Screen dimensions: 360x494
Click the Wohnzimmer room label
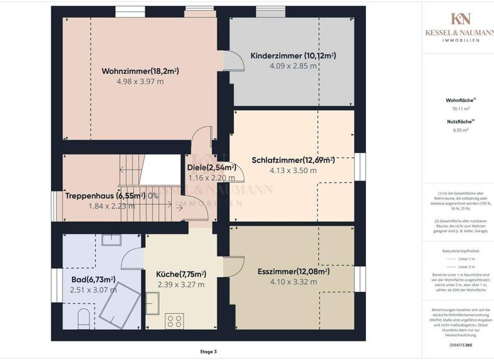pyautogui.click(x=140, y=71)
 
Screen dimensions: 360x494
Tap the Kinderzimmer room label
pyautogui.click(x=293, y=56)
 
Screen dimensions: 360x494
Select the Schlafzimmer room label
pyautogui.click(x=293, y=160)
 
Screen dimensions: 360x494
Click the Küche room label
pyautogui.click(x=181, y=274)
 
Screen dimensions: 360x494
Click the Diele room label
pyautogui.click(x=212, y=168)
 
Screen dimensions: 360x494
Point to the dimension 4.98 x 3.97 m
pyautogui.click(x=140, y=82)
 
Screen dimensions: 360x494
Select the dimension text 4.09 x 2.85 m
pyautogui.click(x=293, y=66)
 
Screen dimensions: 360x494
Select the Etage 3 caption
pyautogui.click(x=209, y=352)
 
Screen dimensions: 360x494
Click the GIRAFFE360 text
pyautogui.click(x=461, y=345)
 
